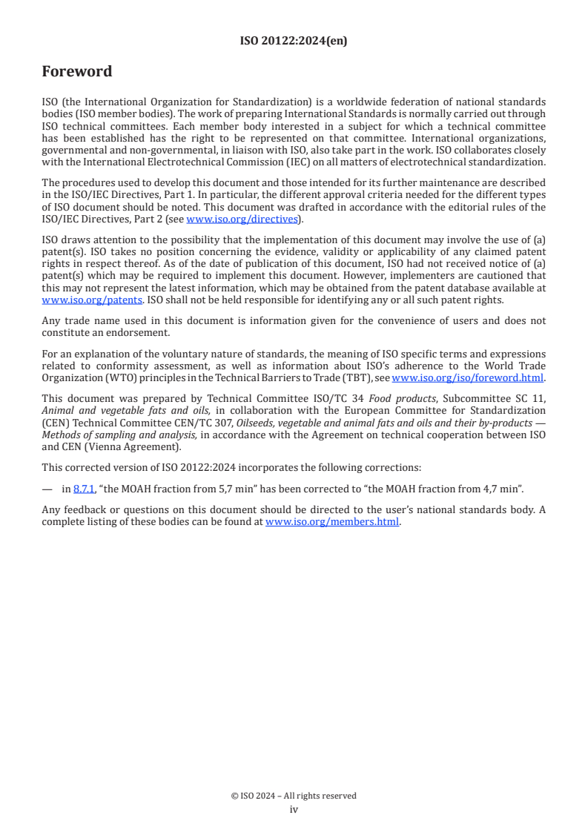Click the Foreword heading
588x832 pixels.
point(77,72)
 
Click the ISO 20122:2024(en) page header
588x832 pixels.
point(294,42)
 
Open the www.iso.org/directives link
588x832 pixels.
point(242,219)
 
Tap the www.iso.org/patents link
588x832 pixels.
point(71,300)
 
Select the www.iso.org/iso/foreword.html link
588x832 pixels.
point(468,377)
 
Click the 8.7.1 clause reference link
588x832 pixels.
point(84,489)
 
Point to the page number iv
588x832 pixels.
point(294,810)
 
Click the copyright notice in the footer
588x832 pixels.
point(294,796)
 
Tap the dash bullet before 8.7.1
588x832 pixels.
point(47,489)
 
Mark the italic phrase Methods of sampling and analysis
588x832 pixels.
point(119,435)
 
